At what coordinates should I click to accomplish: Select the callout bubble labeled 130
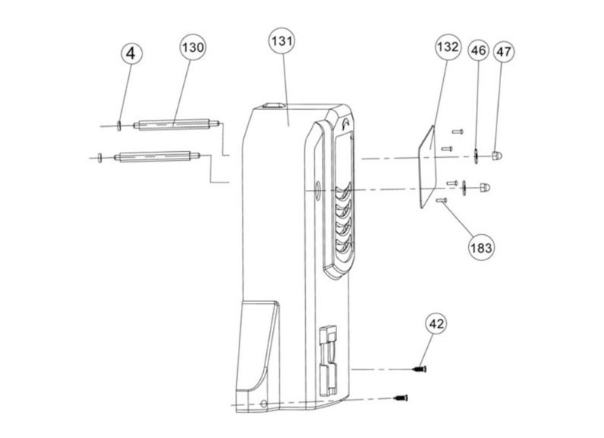193,48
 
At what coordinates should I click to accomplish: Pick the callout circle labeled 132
448,47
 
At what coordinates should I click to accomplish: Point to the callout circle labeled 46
478,52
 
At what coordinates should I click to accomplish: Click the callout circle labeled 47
503,52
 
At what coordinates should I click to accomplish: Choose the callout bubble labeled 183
482,246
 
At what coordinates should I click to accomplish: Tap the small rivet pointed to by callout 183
441,201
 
